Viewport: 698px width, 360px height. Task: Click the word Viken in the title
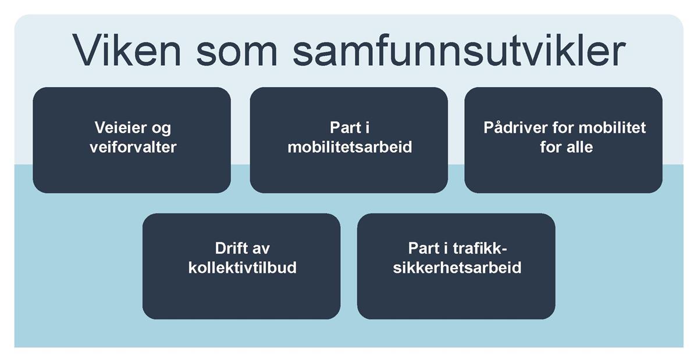[x=127, y=51]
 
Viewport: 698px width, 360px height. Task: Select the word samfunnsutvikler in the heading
[x=459, y=50]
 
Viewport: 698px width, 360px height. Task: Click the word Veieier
[x=120, y=127]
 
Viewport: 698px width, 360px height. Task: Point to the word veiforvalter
[x=133, y=147]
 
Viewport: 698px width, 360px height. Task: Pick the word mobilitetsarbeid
[x=350, y=147]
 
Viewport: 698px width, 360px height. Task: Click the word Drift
[x=230, y=248]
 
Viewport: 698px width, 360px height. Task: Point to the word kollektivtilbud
[x=243, y=268]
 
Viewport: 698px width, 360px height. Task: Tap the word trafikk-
[x=480, y=248]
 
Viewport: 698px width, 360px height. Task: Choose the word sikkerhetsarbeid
[x=457, y=268]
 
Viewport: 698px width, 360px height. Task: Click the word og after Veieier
[x=162, y=129]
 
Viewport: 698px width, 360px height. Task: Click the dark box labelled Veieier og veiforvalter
[x=132, y=140]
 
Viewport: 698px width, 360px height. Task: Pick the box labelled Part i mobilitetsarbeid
[x=349, y=140]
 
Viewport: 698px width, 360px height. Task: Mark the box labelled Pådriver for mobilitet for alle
[x=564, y=140]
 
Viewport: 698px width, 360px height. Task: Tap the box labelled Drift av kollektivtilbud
[x=241, y=266]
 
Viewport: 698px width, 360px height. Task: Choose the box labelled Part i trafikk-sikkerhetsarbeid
[x=456, y=266]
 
